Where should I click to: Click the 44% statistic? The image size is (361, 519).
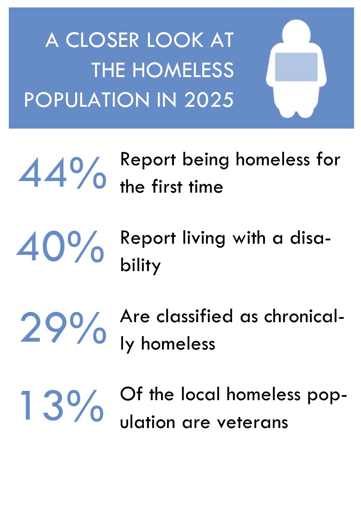pos(63,172)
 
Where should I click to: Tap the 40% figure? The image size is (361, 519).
pos(60,246)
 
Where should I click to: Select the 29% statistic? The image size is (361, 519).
pos(63,327)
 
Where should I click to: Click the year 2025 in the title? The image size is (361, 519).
pos(209,100)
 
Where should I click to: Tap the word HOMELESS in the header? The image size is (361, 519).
pos(183,70)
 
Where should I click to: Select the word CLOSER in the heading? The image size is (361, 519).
pos(102,40)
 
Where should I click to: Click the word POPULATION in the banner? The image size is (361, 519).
pos(87,100)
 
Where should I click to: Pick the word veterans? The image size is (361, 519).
pos(252,422)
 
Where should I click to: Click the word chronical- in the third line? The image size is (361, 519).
pos(304,316)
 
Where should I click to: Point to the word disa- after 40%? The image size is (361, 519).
pos(310,238)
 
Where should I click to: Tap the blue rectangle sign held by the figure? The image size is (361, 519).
pos(297,67)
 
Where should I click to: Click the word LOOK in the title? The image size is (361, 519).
pos(175,40)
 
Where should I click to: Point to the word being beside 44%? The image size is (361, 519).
pos(206,161)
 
